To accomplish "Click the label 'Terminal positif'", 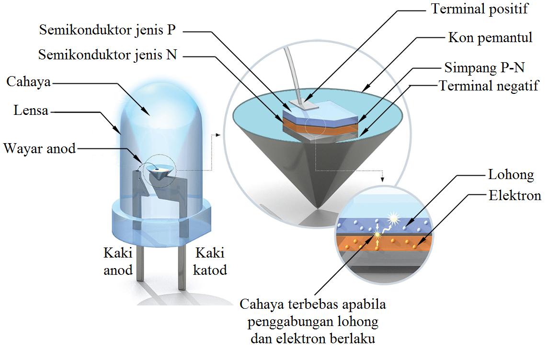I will (x=479, y=9).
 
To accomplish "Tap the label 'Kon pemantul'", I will (x=490, y=38).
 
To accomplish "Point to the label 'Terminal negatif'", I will (x=489, y=86).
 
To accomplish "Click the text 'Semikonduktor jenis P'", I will (x=108, y=31).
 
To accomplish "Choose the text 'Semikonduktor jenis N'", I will (x=108, y=55).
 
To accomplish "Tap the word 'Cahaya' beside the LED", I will (x=28, y=81).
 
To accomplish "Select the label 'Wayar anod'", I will (x=40, y=148).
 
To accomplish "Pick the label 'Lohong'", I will (x=511, y=175).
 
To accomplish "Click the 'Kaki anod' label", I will (x=118, y=261).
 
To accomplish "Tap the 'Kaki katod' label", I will (x=209, y=261).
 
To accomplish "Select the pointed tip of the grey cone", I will (x=316, y=207).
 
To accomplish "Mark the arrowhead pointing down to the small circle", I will (x=382, y=180).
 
